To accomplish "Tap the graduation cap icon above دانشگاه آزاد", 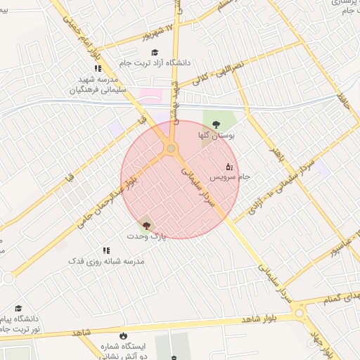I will click(x=155, y=52).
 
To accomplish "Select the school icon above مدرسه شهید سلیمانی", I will click(x=98, y=68).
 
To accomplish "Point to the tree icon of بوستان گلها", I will click(x=216, y=124).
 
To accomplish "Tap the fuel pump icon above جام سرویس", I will click(x=229, y=167).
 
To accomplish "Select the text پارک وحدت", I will click(x=148, y=236).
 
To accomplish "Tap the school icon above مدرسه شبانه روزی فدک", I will click(x=106, y=250).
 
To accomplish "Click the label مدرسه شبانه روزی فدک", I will click(x=106, y=261).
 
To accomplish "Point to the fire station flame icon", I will click(x=124, y=335).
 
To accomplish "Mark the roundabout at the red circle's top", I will click(x=170, y=148).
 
